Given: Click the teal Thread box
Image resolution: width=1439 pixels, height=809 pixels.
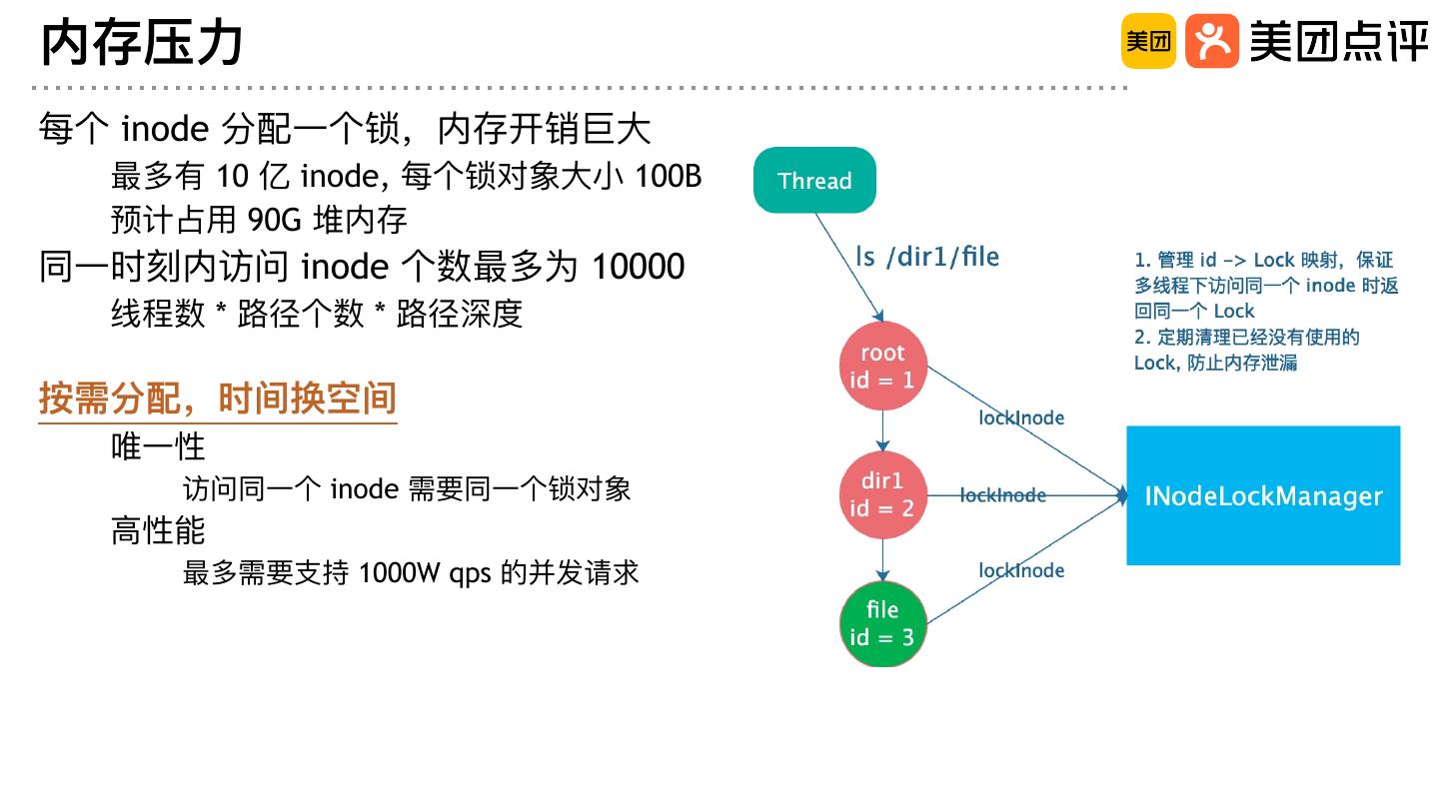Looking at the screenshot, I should (814, 180).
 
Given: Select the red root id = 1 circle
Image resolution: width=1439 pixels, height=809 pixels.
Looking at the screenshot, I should (882, 366).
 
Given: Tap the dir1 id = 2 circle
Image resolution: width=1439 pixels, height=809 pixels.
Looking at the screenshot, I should (882, 494).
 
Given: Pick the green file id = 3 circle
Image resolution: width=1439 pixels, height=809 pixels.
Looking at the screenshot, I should (882, 623).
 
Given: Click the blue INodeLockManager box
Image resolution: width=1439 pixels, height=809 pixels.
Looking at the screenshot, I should (1263, 495).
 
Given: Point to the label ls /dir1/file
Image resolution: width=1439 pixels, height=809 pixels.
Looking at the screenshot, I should (927, 257).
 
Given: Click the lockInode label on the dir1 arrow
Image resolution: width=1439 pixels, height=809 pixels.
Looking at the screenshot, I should (1002, 495).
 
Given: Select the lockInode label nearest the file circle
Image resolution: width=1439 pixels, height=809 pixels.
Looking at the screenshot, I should (1021, 570).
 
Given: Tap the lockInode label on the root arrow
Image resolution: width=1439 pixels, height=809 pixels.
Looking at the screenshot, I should (1021, 417).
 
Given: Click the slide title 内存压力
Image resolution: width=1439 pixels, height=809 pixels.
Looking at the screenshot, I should (143, 43).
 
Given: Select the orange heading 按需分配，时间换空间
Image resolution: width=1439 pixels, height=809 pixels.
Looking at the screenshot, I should (218, 398).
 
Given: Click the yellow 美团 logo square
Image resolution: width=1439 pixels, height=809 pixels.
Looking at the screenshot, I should (1148, 41).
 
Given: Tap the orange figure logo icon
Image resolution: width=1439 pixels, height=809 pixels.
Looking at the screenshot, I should (1211, 41).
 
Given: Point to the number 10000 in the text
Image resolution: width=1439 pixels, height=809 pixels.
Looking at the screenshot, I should (639, 267).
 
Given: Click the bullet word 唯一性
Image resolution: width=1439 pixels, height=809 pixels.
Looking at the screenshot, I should (158, 445).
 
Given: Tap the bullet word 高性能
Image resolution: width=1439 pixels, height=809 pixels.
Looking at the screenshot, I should (158, 530).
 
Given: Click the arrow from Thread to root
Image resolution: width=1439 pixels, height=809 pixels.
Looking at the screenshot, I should (849, 266).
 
